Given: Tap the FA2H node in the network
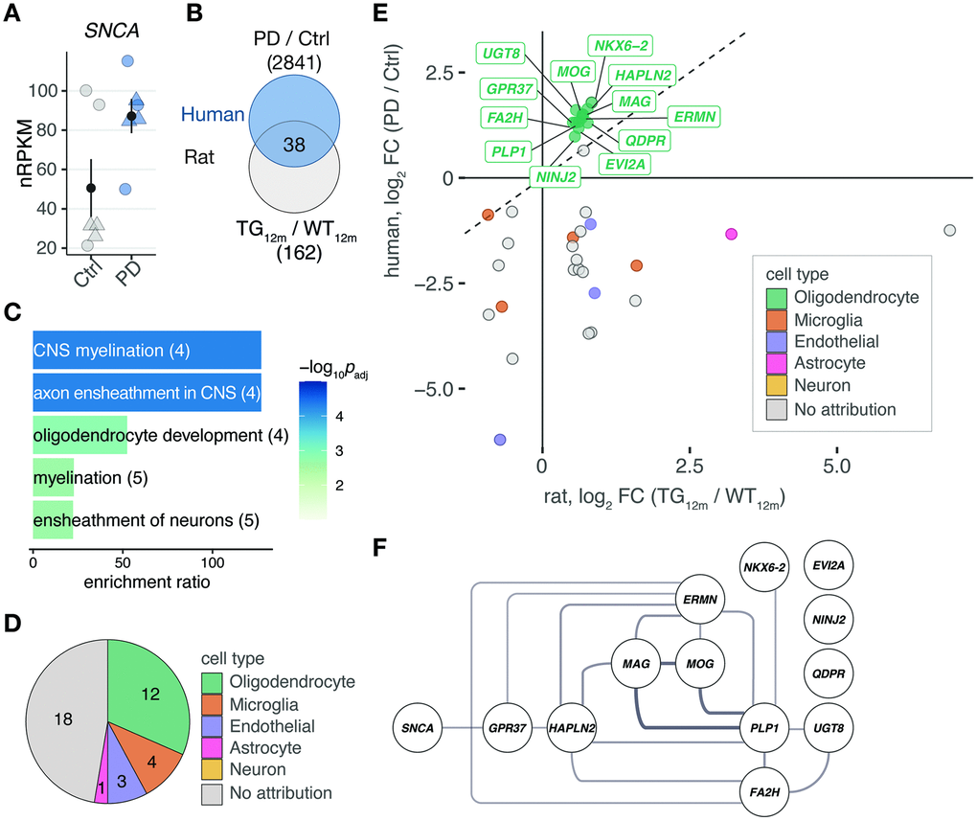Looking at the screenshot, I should click(x=770, y=790).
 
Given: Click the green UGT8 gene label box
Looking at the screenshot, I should click(x=502, y=53).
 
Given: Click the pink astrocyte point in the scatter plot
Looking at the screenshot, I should click(x=732, y=234).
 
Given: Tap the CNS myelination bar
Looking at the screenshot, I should click(x=147, y=351).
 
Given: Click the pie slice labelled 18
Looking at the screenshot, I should click(x=59, y=710).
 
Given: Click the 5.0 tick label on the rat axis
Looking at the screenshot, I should click(x=837, y=465).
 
